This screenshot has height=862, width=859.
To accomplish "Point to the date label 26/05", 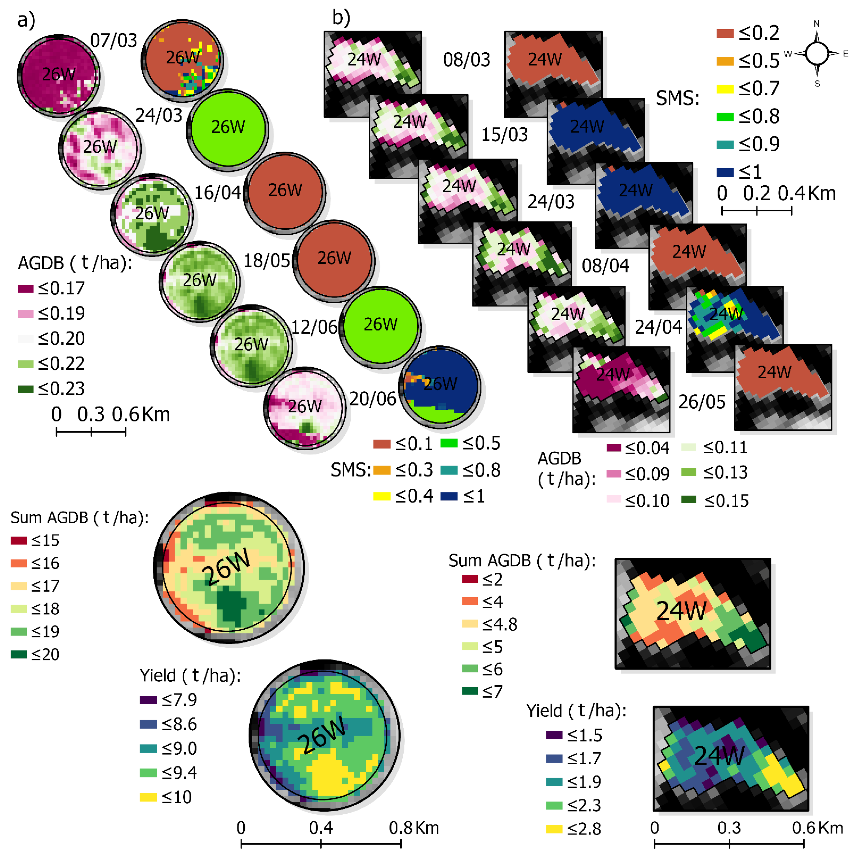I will pos(702,402).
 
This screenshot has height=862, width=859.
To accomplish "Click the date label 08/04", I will pos(605,266).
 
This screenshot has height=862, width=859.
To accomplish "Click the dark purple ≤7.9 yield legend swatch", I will pos(148,700).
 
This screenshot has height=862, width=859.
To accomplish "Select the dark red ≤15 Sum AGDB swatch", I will pos(19,540).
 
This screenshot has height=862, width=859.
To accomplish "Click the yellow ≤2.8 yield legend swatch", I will pos(554,829).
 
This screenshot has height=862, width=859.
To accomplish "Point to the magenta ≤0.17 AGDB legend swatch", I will pos(25,289).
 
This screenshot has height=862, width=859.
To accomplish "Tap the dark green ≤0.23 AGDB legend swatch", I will pos(25,389).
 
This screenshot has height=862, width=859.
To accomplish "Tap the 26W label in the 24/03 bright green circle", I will pos(228,127).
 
